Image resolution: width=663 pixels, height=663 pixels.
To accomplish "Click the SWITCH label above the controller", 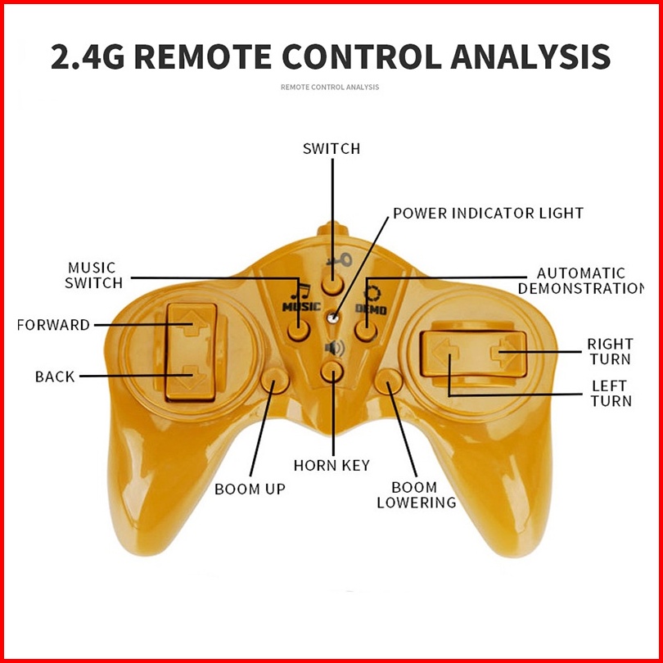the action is coord(331,149).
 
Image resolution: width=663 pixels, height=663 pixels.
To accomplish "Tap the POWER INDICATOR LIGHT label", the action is coord(488,213).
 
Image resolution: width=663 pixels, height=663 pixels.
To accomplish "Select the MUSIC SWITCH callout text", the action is coord(92,275).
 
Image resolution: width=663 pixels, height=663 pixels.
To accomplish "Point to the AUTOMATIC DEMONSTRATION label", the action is coord(580,281).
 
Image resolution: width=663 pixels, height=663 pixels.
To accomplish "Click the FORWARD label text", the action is coord(53,325).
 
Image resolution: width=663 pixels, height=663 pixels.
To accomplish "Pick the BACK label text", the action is coord(55,377).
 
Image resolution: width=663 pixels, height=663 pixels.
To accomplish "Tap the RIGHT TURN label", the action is coord(609,351).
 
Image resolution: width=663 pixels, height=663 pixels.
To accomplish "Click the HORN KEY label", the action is coord(331,465).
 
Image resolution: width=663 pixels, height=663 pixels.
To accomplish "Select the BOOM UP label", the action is coord(250,489).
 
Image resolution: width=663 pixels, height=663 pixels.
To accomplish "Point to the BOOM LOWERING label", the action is coord(416,495).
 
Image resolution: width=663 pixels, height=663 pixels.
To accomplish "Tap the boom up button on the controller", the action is coord(274,381).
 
